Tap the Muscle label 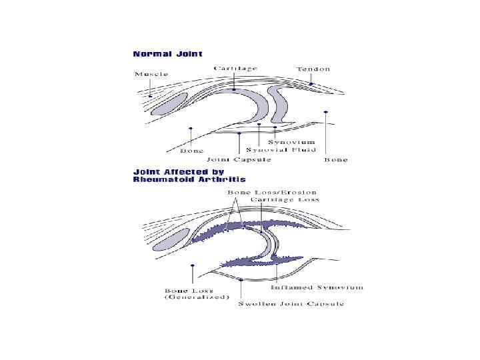(151, 74)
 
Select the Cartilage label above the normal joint (235, 69)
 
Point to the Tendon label (313, 69)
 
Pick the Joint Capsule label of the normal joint (239, 159)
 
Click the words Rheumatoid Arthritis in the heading (189, 179)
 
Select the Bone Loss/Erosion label (263, 192)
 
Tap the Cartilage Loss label (285, 199)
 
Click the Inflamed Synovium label (317, 288)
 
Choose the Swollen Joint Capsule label (291, 304)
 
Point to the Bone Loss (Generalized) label (196, 294)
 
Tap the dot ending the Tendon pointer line (311, 85)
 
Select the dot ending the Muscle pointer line (151, 96)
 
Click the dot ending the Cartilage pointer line (234, 89)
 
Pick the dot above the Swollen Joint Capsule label (240, 281)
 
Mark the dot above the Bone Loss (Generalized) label (192, 265)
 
